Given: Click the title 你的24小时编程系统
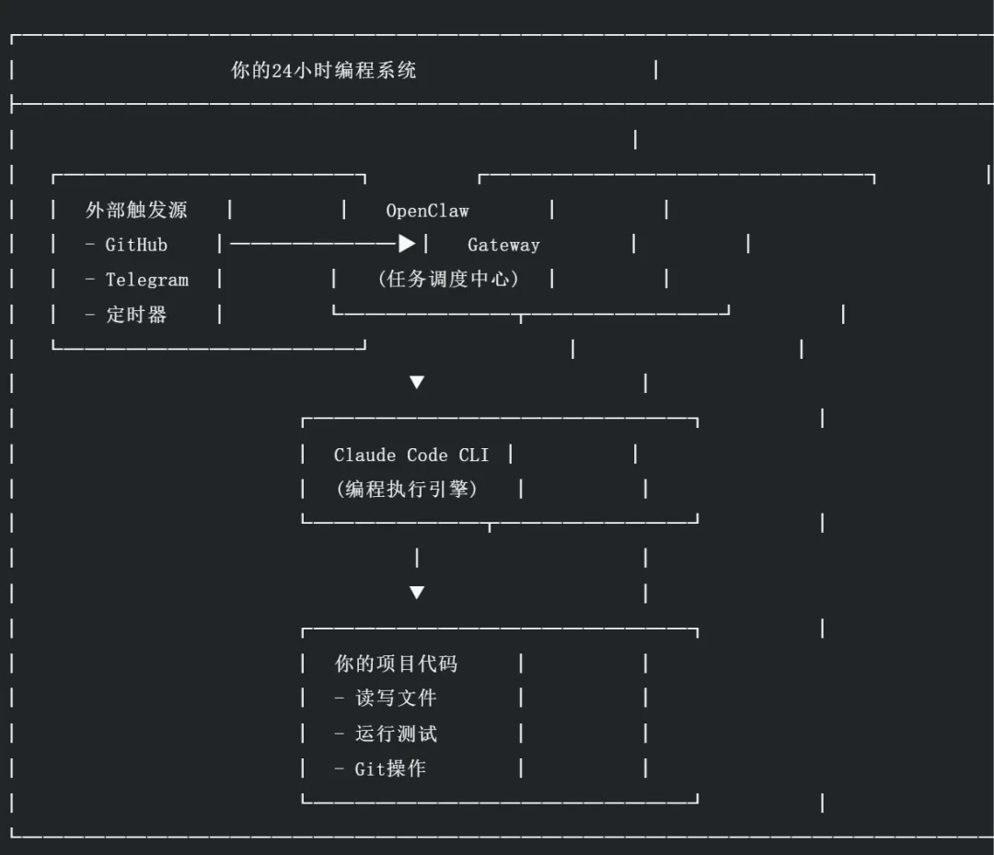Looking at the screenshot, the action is coord(323,71).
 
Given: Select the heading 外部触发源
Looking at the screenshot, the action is coord(136,211).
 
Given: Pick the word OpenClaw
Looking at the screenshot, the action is coord(427,211).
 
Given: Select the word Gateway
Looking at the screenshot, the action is coord(503,245).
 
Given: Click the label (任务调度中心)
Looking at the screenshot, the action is coord(447,279).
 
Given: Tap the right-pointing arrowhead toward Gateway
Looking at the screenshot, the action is coord(407,244).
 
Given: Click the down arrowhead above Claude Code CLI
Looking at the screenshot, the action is coord(417,382).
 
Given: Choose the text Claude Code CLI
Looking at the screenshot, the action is coord(411,455).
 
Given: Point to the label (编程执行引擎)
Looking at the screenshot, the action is coord(407,490).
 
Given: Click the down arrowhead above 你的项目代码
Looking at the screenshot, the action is coord(417,593).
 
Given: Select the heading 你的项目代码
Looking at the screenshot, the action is coord(396,664).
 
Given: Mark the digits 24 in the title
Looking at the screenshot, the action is coord(283,71).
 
